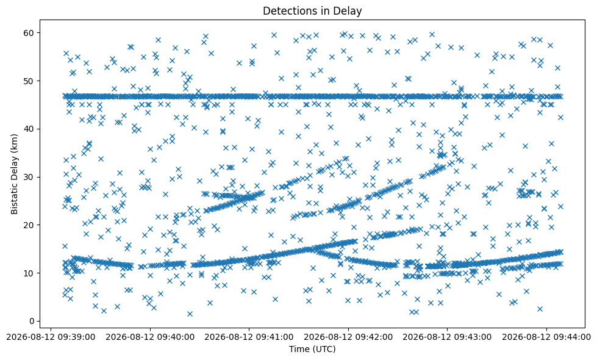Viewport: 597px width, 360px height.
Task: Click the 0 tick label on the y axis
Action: [x=32, y=321]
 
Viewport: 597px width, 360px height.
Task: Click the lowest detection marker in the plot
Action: [x=190, y=314]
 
